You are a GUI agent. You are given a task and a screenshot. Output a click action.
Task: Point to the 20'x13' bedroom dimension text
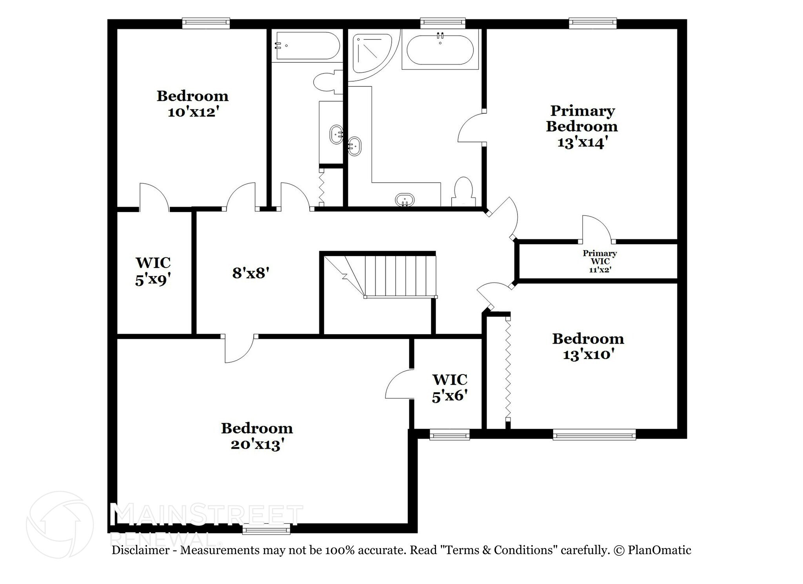coord(257,445)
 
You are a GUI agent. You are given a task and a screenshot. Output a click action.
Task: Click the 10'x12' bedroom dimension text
coord(193,112)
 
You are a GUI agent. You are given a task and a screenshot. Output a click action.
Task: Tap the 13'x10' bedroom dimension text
coord(588,355)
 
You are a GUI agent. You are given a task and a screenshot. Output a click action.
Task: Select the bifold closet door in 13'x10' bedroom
coord(508,373)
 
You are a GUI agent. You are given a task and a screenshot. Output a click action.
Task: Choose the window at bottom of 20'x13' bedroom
coord(266,531)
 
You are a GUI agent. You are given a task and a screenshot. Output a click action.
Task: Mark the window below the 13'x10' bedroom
coord(594,435)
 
